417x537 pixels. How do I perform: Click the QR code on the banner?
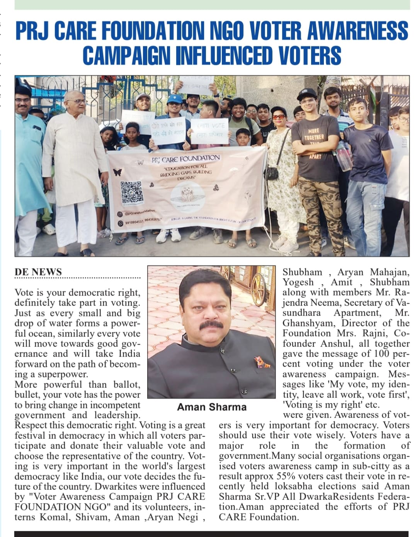tap(131, 192)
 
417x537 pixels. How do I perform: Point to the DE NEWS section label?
tap(38, 272)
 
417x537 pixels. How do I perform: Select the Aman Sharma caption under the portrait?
tap(211, 407)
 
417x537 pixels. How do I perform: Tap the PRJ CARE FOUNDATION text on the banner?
tap(186, 158)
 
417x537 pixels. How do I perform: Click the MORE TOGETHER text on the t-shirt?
tap(314, 134)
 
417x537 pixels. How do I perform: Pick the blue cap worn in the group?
tap(175, 99)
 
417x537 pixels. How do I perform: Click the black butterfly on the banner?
tap(117, 172)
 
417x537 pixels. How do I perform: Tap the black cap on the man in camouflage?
tap(306, 93)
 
